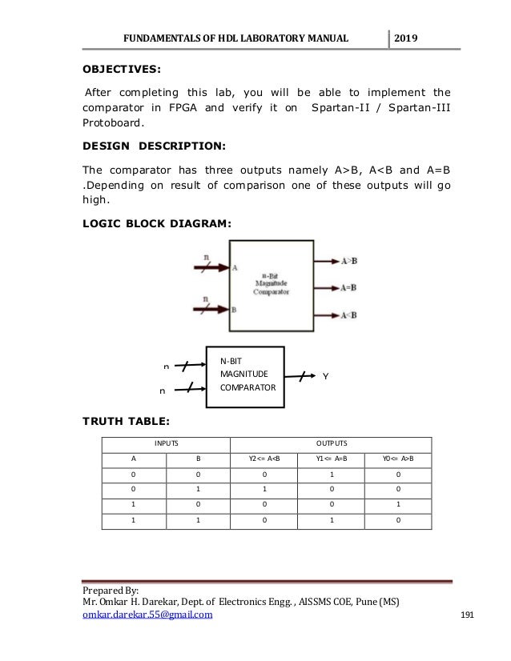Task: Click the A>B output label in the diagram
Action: pyautogui.click(x=348, y=261)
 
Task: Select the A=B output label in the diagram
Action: pyautogui.click(x=348, y=287)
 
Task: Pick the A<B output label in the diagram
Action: pyautogui.click(x=348, y=314)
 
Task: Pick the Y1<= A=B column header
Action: pyautogui.click(x=330, y=459)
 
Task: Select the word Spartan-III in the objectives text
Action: pyautogui.click(x=419, y=108)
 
